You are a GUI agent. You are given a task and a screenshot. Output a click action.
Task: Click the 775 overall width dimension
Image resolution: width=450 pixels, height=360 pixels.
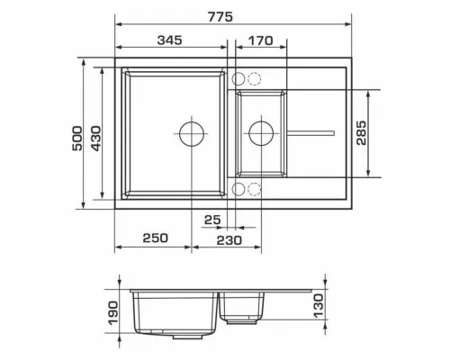point(220,17)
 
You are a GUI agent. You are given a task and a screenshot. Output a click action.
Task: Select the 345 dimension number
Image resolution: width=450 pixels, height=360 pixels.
point(170,40)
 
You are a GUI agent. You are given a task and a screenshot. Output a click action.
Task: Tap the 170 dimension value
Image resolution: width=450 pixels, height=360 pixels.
point(261,40)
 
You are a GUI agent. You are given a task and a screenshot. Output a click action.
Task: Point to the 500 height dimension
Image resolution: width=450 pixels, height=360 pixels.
point(76,139)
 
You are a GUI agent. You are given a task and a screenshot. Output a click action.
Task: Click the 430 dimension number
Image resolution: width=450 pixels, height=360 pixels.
point(96,139)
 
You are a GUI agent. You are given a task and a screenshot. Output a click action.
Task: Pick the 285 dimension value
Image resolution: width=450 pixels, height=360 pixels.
point(362,133)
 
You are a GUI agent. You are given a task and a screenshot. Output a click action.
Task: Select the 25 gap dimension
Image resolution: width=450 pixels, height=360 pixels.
point(212,220)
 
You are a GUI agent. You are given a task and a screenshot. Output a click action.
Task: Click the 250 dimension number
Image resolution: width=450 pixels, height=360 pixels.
point(156,238)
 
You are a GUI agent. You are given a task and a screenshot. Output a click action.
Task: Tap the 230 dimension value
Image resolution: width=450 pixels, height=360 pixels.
point(229,240)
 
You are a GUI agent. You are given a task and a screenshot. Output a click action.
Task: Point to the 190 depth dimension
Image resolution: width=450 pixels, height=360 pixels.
point(113,313)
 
